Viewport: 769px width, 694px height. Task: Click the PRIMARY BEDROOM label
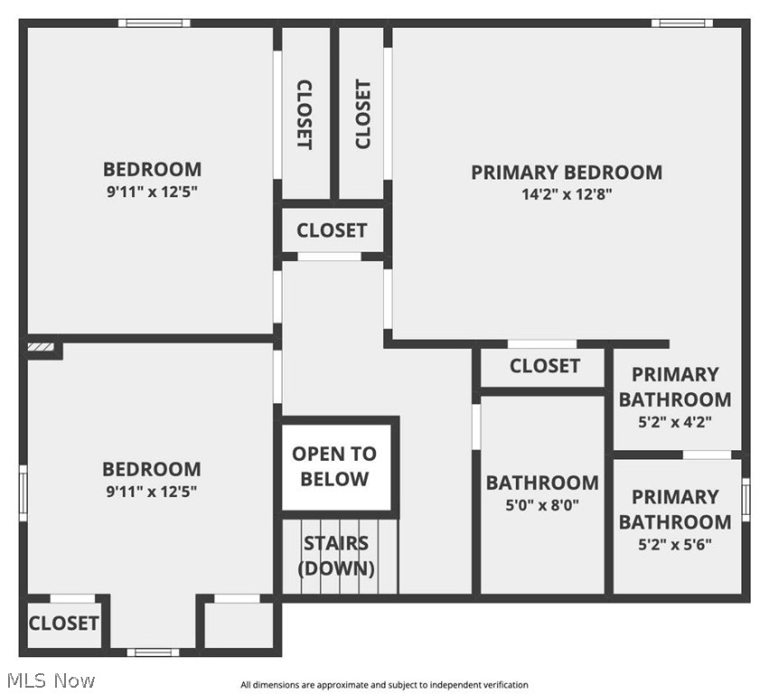[566, 172]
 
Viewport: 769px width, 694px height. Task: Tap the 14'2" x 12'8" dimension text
[567, 194]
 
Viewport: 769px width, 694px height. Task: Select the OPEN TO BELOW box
[334, 465]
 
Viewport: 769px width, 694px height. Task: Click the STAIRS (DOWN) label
[335, 556]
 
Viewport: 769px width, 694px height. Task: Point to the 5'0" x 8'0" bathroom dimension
[542, 506]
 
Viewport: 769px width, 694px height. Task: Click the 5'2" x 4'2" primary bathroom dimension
[674, 421]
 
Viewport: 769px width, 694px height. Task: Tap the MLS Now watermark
[50, 680]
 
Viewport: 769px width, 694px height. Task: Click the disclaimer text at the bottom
[384, 685]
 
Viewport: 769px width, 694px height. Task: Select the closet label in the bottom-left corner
[63, 623]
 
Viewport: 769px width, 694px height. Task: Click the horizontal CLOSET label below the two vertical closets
[332, 230]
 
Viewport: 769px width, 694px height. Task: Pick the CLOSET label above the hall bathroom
[544, 366]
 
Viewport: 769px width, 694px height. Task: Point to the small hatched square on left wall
[41, 346]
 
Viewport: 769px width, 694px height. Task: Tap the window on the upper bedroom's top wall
[154, 23]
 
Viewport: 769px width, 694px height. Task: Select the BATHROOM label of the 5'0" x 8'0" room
[542, 483]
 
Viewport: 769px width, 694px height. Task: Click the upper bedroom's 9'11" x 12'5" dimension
[151, 192]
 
